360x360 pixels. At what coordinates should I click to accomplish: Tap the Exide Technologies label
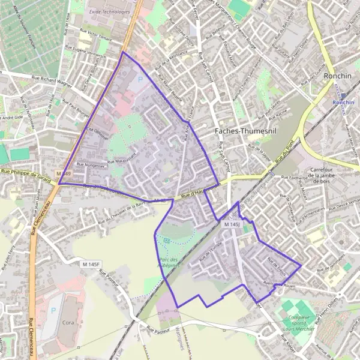(109, 11)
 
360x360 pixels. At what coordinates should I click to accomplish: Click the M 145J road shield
(232, 224)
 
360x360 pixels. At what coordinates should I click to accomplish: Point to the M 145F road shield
(92, 265)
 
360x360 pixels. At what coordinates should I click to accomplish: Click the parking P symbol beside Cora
(53, 311)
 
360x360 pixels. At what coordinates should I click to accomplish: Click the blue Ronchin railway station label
(343, 102)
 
